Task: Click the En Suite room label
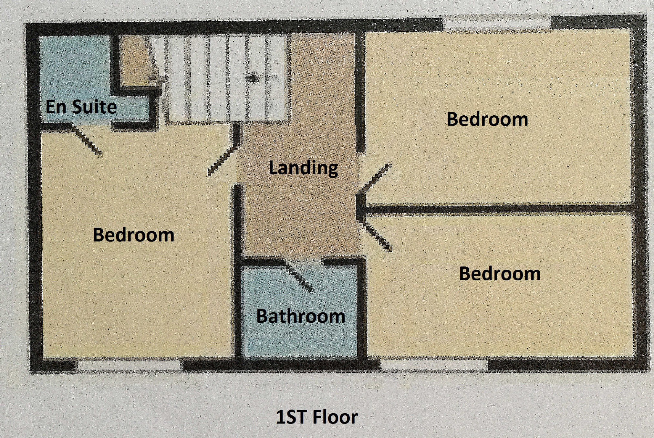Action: [x=81, y=107]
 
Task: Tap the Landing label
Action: [x=303, y=168]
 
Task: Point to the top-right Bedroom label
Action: [x=487, y=119]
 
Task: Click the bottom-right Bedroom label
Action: [x=500, y=274]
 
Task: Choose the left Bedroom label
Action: [x=133, y=235]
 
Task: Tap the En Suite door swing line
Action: [x=86, y=140]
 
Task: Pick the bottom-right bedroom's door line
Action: [x=377, y=235]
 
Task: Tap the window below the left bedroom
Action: [x=129, y=366]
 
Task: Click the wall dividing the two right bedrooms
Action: [x=497, y=209]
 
